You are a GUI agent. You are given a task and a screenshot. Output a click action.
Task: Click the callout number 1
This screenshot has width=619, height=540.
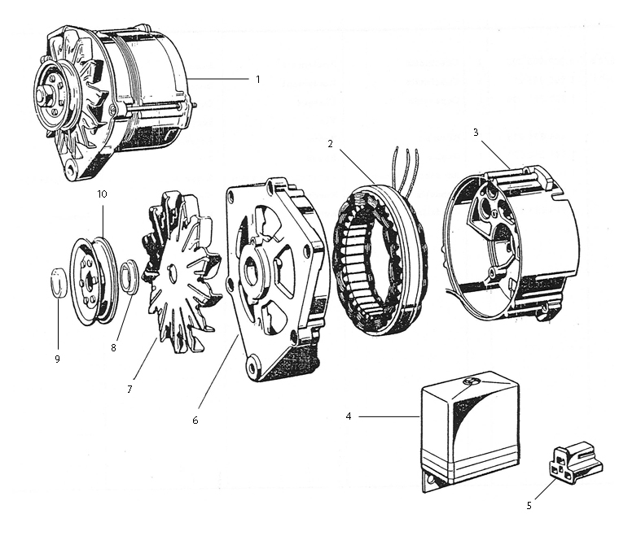tap(257, 80)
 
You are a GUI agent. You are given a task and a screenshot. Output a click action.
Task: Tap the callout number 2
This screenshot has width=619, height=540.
tap(331, 144)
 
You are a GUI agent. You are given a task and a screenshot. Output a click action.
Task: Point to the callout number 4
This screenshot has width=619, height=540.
tap(349, 416)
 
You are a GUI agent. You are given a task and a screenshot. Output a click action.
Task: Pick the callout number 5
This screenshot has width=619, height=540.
tap(529, 505)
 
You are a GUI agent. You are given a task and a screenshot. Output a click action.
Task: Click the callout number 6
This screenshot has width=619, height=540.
tap(195, 420)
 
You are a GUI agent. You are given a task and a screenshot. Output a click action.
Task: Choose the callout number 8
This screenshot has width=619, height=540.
tap(113, 346)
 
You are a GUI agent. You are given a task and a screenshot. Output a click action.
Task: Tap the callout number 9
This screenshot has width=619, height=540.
tap(57, 358)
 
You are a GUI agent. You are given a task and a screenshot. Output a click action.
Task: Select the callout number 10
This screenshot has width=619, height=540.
tap(102, 194)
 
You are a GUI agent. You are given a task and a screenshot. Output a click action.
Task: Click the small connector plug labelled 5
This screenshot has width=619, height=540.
tap(572, 460)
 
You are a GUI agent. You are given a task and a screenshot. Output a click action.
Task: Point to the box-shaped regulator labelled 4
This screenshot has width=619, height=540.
tap(469, 431)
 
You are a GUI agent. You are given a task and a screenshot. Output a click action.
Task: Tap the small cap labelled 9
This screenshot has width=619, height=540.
tap(57, 282)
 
